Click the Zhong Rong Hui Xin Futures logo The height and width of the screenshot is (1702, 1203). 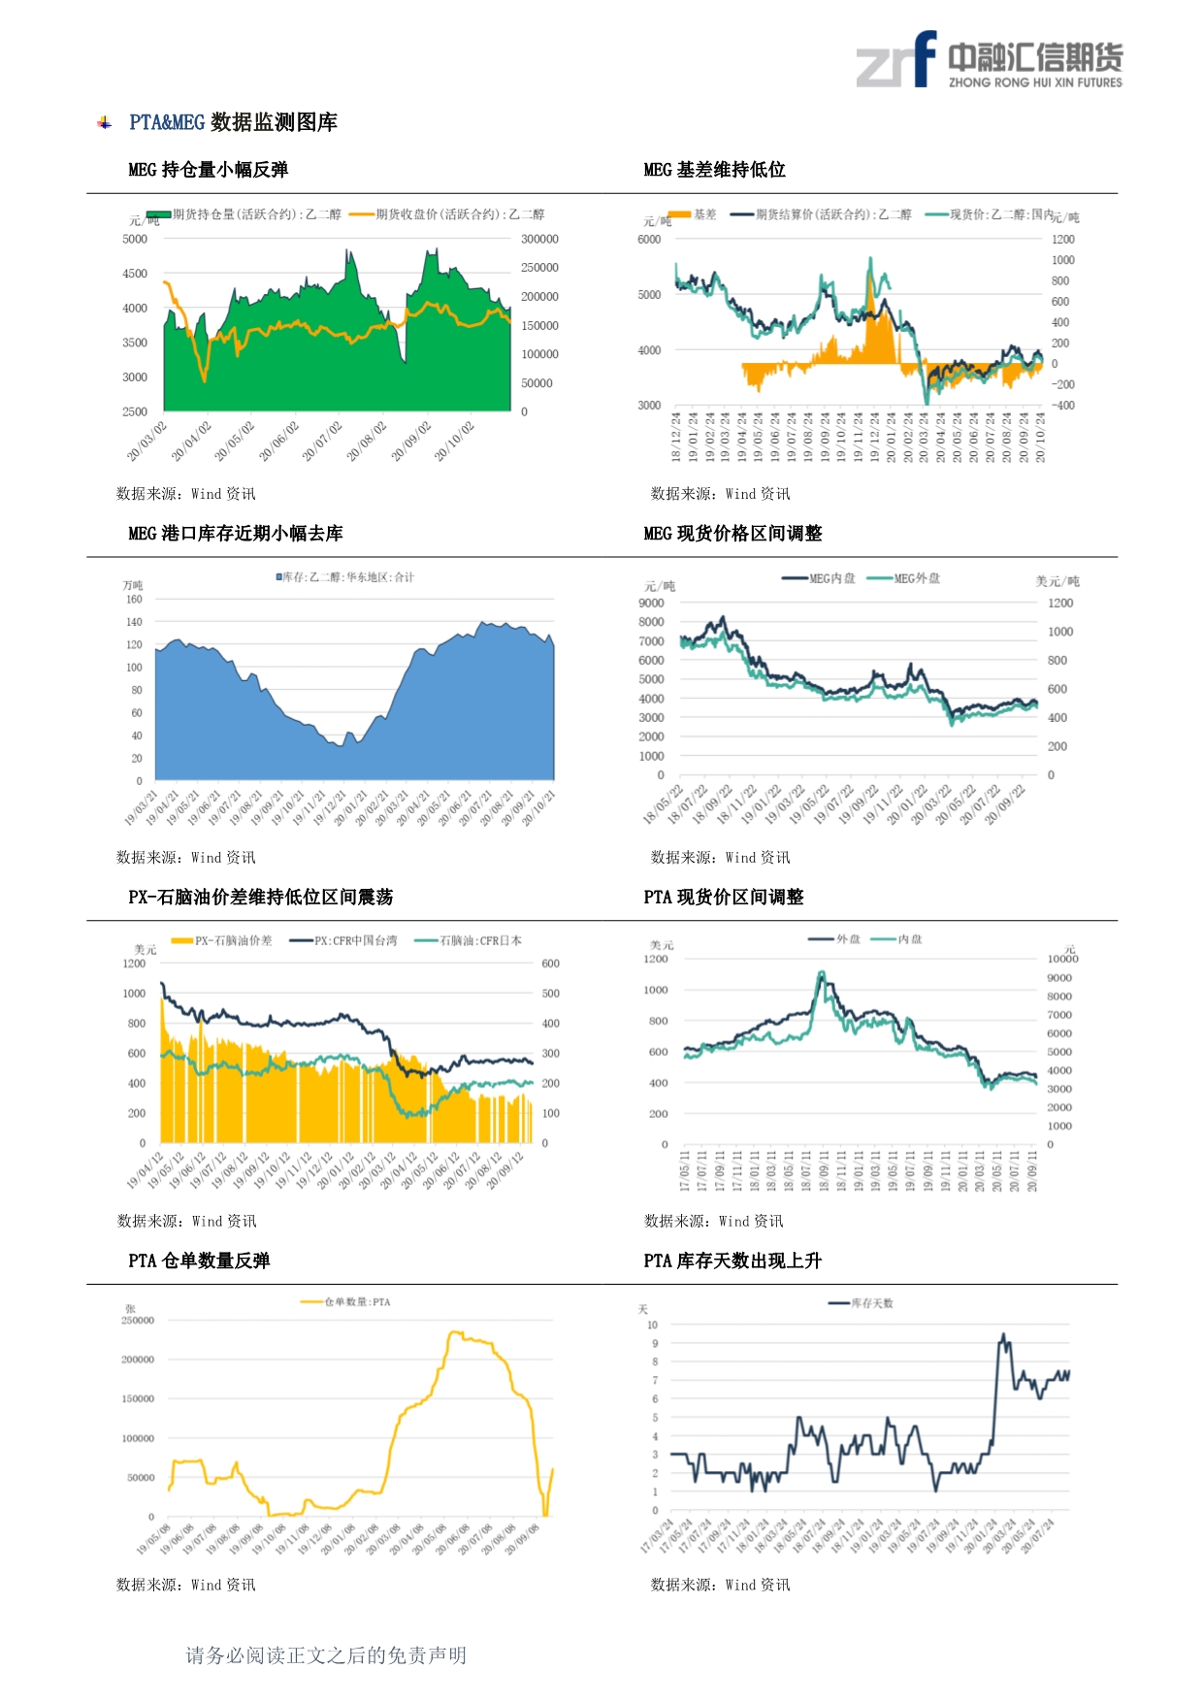tap(989, 60)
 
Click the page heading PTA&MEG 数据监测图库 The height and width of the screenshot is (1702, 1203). tap(233, 122)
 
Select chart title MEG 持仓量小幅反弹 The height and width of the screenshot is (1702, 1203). tap(208, 170)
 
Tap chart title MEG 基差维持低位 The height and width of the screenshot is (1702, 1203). tap(714, 170)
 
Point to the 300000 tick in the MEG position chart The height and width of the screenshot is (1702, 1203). tap(539, 239)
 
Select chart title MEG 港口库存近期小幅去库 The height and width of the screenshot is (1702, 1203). tap(235, 534)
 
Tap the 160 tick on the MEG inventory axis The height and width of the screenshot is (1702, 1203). tap(134, 600)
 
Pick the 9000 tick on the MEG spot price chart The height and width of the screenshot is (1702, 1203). tap(651, 604)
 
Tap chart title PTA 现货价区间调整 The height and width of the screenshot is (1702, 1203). tap(723, 898)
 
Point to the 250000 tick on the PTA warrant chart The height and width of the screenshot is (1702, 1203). tap(138, 1321)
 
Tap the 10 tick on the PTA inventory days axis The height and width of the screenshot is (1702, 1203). tap(653, 1326)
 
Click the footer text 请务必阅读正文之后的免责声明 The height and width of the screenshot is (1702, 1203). tap(326, 1655)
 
